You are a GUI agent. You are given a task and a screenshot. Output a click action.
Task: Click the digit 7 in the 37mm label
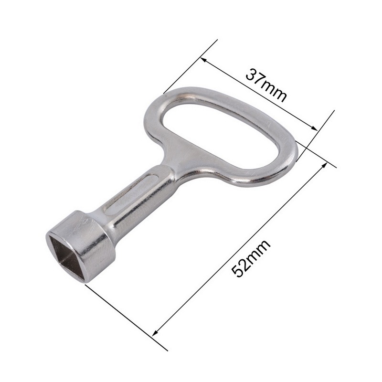click(260, 80)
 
